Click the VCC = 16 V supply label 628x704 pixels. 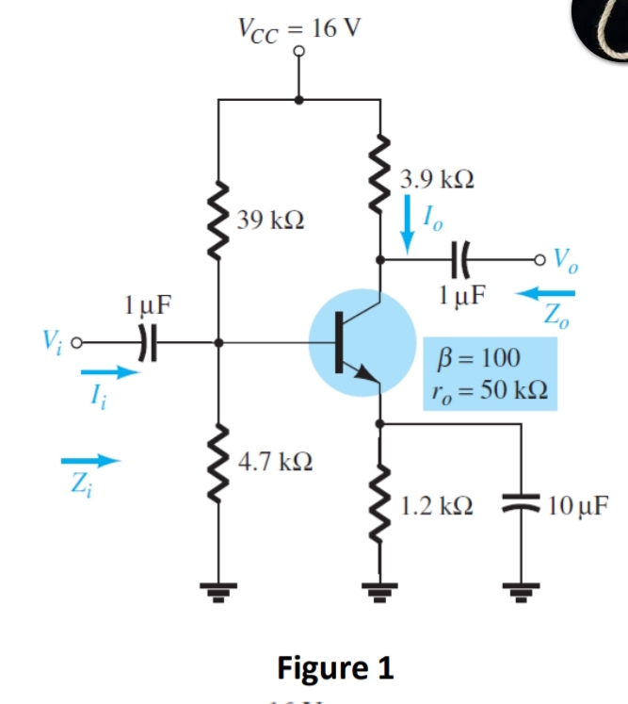coord(298,27)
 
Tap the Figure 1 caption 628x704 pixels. coord(334,666)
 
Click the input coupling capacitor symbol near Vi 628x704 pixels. coord(142,343)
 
